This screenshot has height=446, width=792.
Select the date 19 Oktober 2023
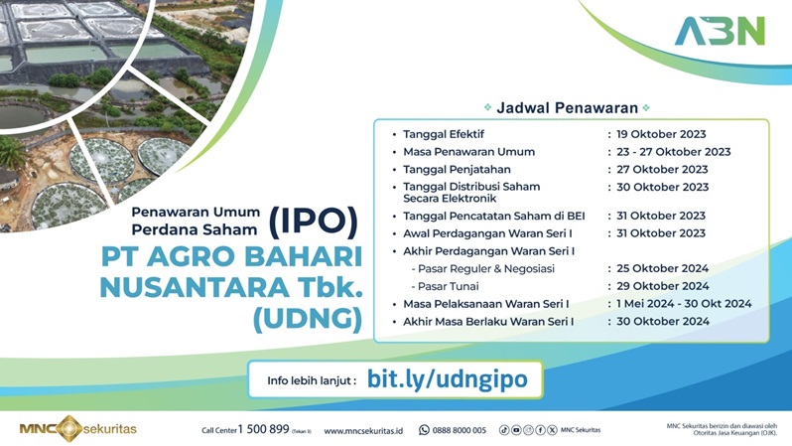click(x=662, y=134)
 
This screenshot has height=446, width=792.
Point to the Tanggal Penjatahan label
click(x=458, y=170)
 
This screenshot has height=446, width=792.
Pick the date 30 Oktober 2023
click(x=662, y=187)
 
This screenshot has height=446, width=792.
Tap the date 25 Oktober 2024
click(x=662, y=268)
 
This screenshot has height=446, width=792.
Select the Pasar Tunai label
click(x=449, y=286)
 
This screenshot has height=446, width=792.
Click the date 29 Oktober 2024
click(x=662, y=286)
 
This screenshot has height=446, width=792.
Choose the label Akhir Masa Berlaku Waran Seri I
click(x=488, y=322)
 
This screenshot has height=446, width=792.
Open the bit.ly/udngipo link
click(x=441, y=378)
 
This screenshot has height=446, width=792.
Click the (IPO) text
click(x=311, y=219)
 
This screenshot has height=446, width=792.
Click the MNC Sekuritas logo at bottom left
click(x=78, y=429)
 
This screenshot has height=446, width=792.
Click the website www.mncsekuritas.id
click(x=363, y=430)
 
